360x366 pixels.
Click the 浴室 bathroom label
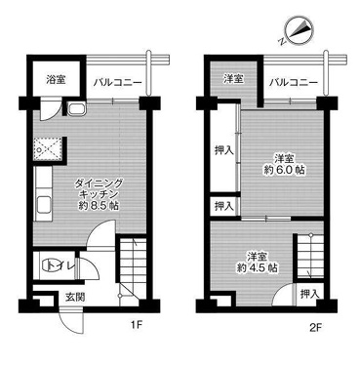point(56,79)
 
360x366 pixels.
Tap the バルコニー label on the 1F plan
point(118,83)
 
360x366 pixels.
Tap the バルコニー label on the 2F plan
point(294,83)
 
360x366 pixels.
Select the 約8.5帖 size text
point(98,206)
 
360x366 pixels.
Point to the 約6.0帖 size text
point(285,170)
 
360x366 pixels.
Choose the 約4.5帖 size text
point(258,267)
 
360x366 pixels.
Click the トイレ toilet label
point(61,265)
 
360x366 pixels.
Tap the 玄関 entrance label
point(75,297)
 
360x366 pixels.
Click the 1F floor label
point(137,324)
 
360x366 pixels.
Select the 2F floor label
point(315,327)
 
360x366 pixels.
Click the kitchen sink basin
point(43,205)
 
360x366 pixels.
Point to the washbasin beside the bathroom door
point(77,108)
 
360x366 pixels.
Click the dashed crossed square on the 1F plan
point(48,149)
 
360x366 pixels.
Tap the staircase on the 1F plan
point(130,272)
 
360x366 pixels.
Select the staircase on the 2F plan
point(310,256)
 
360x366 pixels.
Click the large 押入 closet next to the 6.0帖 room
point(223,150)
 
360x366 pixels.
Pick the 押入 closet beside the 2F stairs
point(308,295)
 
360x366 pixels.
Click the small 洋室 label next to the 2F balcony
point(233,78)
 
